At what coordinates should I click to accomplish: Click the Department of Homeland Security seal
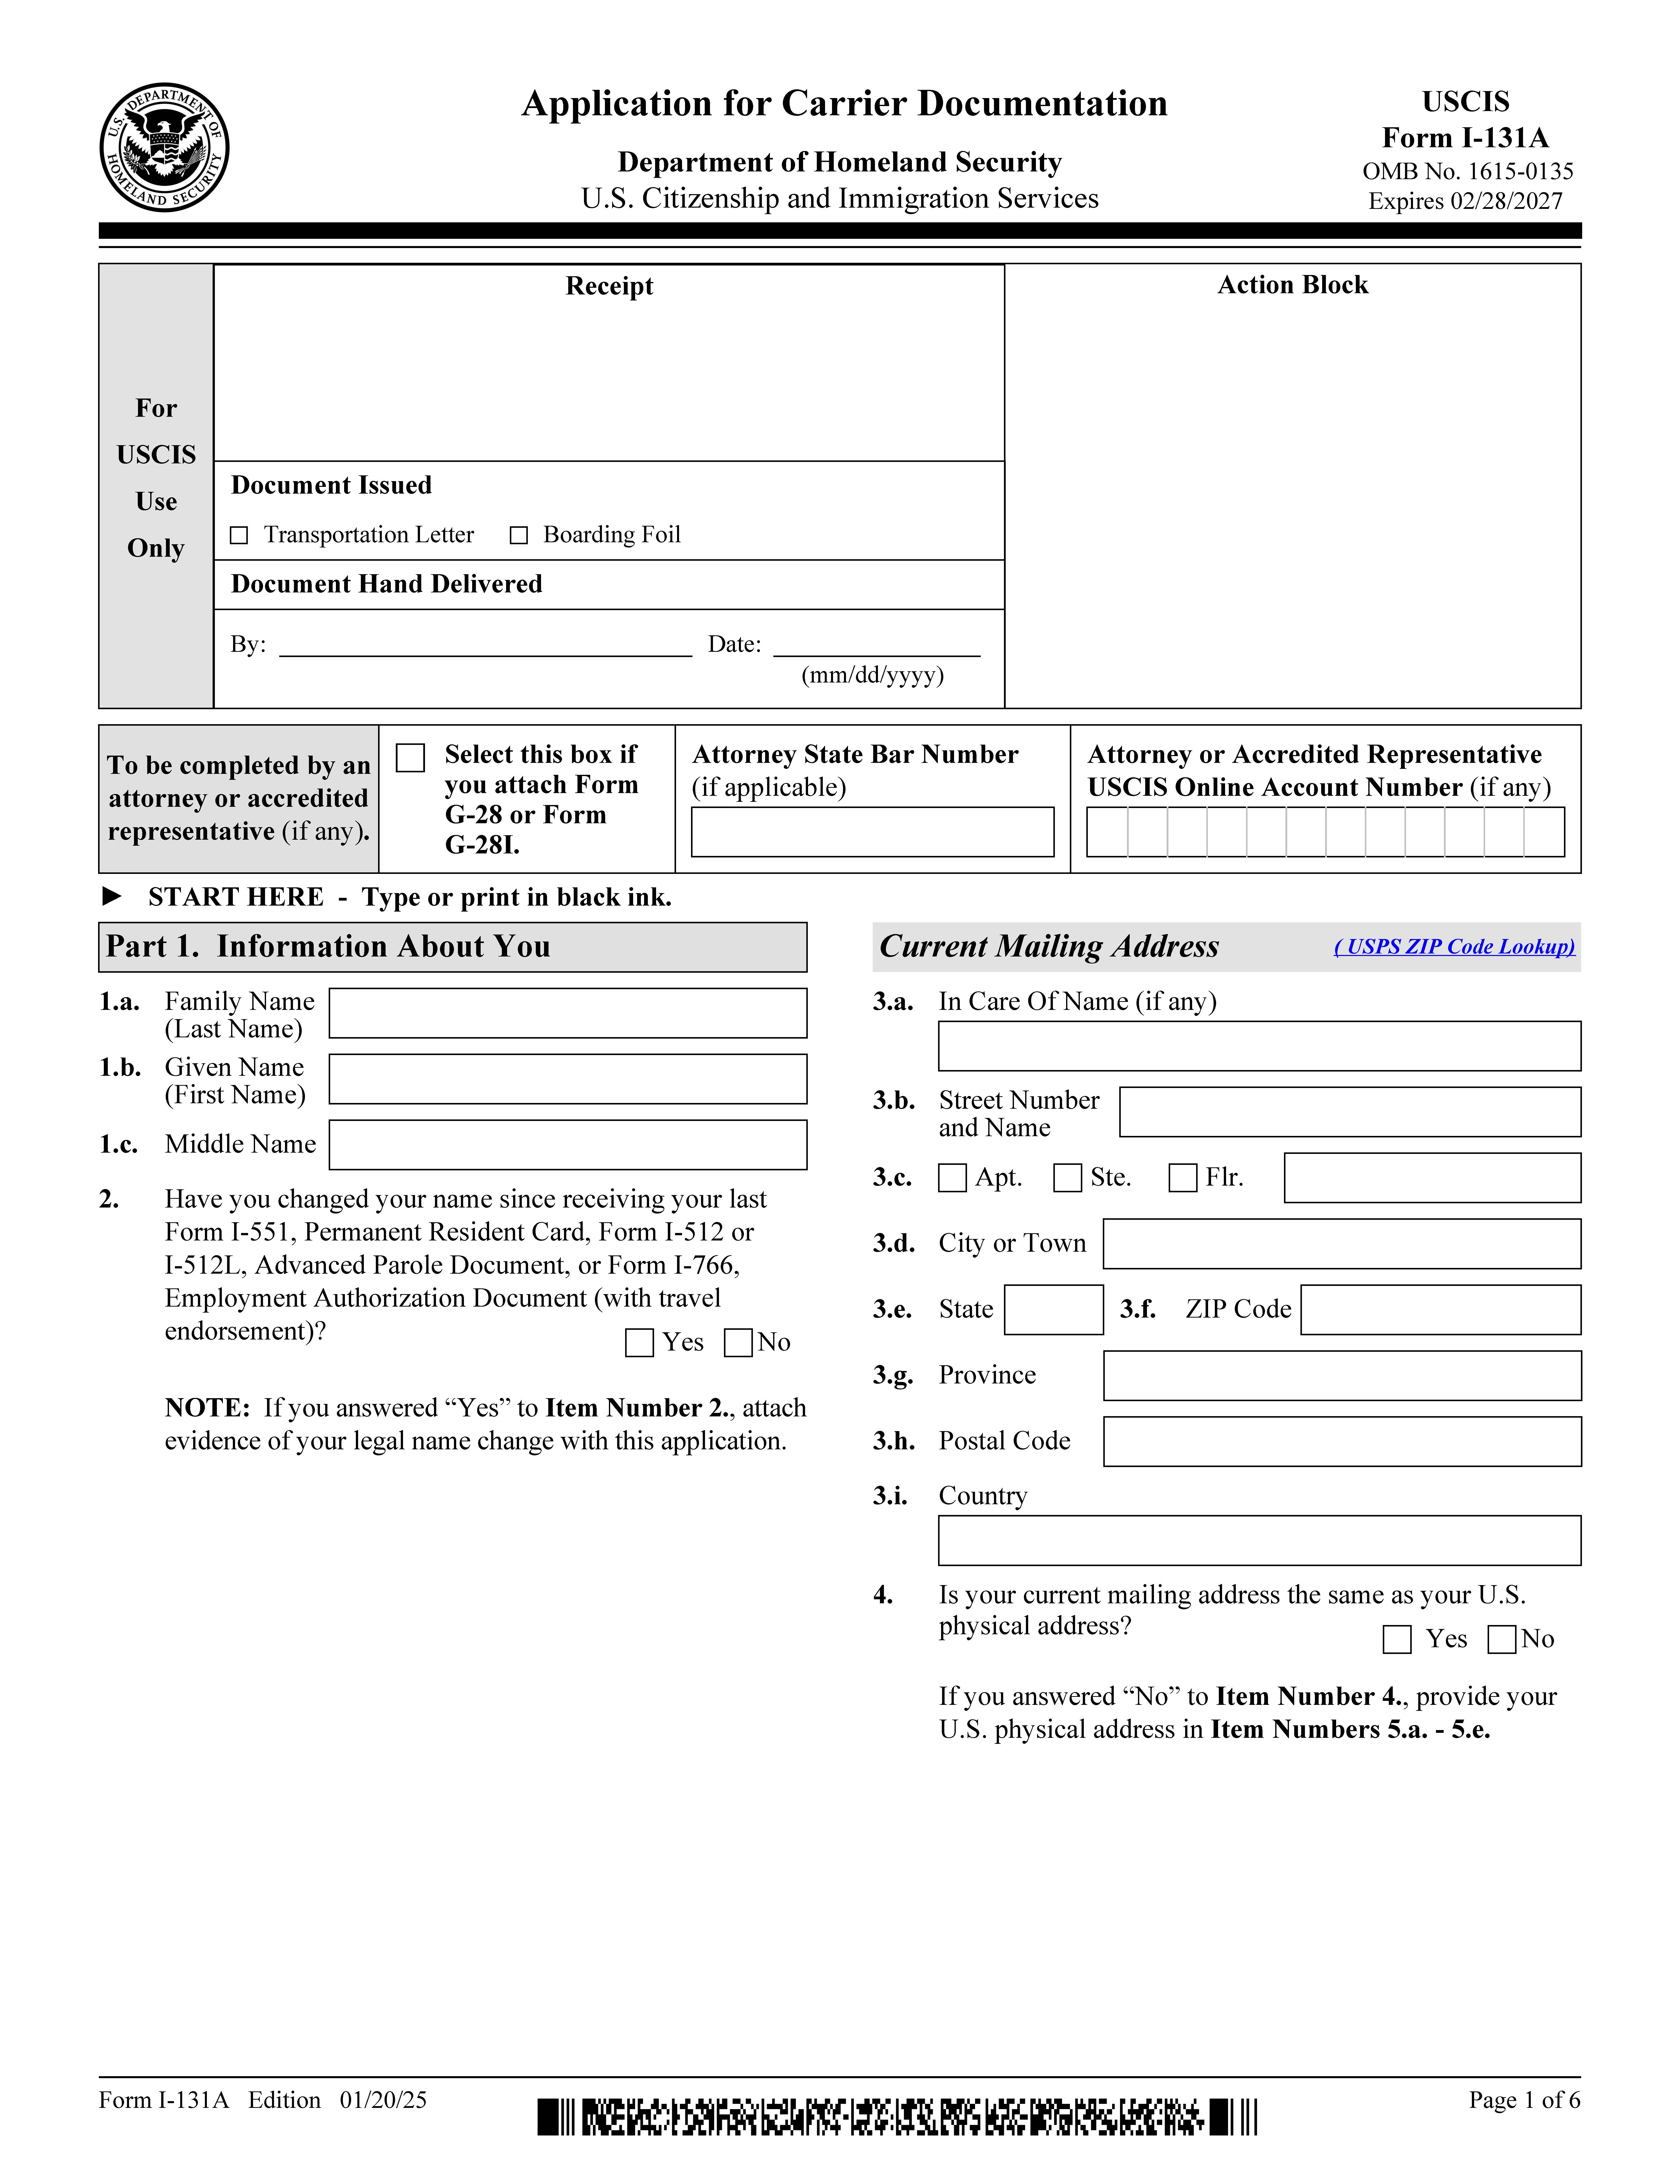click(x=164, y=147)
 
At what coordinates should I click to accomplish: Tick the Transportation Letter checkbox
click(x=239, y=536)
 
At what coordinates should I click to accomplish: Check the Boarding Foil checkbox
click(x=519, y=536)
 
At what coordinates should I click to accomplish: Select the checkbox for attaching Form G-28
click(x=410, y=758)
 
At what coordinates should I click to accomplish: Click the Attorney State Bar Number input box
click(x=872, y=832)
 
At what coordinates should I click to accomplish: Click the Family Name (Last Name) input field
click(x=567, y=1013)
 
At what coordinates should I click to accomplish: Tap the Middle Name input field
click(x=567, y=1145)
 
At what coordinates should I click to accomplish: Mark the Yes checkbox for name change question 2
click(x=639, y=1343)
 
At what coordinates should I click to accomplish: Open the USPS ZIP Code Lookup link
click(x=1454, y=947)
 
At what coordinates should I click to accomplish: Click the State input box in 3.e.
click(x=1053, y=1310)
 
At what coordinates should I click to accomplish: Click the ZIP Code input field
click(x=1440, y=1310)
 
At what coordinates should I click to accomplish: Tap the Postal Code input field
click(x=1342, y=1441)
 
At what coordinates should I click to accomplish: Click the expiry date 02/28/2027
click(x=1506, y=201)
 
